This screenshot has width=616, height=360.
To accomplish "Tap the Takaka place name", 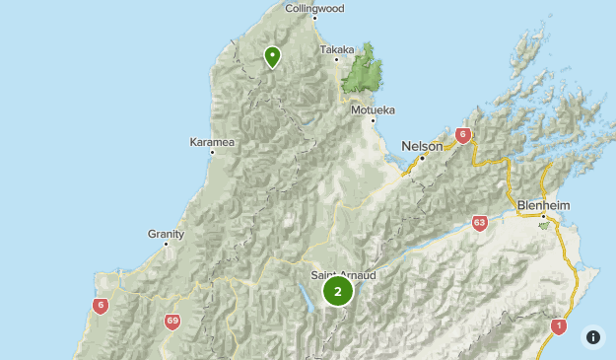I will (336, 48).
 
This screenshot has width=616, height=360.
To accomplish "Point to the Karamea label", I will (212, 142).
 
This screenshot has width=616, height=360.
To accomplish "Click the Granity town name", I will (166, 233).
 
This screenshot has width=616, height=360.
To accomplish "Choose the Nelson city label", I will (422, 146).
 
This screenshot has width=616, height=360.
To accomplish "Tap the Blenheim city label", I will (543, 205).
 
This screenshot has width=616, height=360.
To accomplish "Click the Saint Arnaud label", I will (343, 275).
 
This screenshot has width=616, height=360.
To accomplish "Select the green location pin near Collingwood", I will (273, 57).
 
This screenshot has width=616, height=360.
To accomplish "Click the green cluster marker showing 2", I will (338, 291).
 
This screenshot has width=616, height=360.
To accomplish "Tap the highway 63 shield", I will (479, 223).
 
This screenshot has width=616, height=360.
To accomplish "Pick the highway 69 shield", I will (172, 322).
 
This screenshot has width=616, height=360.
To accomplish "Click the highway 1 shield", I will (559, 325).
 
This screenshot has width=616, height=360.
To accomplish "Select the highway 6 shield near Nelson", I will (462, 136).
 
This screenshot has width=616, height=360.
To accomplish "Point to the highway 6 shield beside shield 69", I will (100, 306).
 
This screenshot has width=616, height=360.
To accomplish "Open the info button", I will (593, 336).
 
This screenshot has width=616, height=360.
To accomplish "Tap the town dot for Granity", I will (166, 244).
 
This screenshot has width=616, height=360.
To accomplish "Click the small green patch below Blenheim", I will (543, 225).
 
